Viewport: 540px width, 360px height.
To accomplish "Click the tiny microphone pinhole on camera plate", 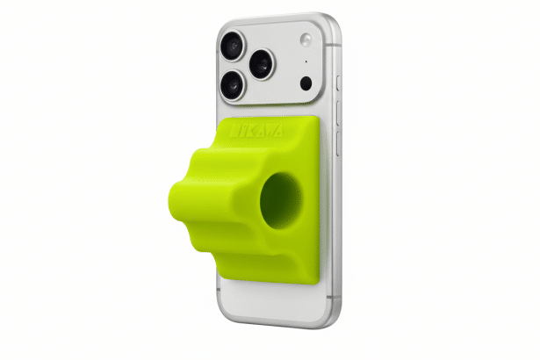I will (x=305, y=62).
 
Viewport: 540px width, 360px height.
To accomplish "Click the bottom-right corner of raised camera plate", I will (x=321, y=104).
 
